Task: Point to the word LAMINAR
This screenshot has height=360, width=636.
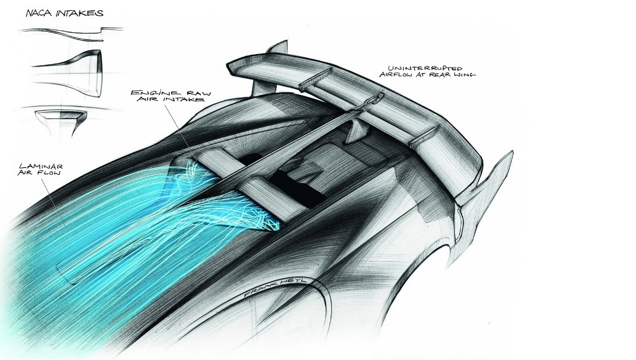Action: (41, 167)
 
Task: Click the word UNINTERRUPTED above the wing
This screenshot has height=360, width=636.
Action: (425, 68)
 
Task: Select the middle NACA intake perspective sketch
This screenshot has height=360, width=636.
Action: (67, 74)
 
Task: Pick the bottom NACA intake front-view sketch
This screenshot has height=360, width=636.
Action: (61, 121)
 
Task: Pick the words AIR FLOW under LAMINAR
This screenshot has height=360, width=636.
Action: (39, 173)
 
